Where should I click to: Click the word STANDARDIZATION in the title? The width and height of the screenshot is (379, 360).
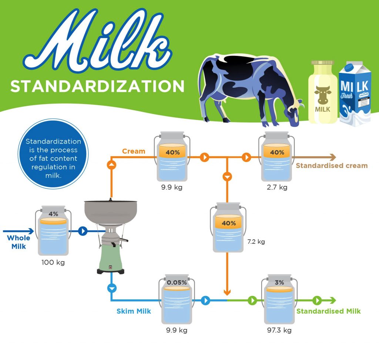[x=97, y=86]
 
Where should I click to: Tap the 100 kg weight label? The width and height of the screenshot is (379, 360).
[x=53, y=262]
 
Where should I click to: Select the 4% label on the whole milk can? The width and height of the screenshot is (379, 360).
[x=53, y=214]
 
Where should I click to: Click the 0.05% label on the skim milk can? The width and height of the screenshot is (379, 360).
[x=177, y=282]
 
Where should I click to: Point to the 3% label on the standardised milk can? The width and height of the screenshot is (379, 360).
[x=279, y=282]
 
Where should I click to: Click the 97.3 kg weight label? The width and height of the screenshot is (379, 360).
[x=279, y=330]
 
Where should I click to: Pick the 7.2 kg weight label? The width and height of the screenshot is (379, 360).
[x=256, y=242]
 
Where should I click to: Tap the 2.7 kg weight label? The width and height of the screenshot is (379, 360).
[x=277, y=187]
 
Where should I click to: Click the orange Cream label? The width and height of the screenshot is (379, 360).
[x=134, y=151]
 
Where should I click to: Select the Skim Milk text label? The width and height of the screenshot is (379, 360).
[x=134, y=311]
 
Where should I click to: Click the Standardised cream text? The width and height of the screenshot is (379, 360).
[x=332, y=165]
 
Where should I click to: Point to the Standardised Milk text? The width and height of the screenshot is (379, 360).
[x=329, y=311]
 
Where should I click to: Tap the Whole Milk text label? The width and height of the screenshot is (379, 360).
[x=19, y=242]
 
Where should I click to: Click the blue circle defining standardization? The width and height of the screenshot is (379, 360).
[x=53, y=154]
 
